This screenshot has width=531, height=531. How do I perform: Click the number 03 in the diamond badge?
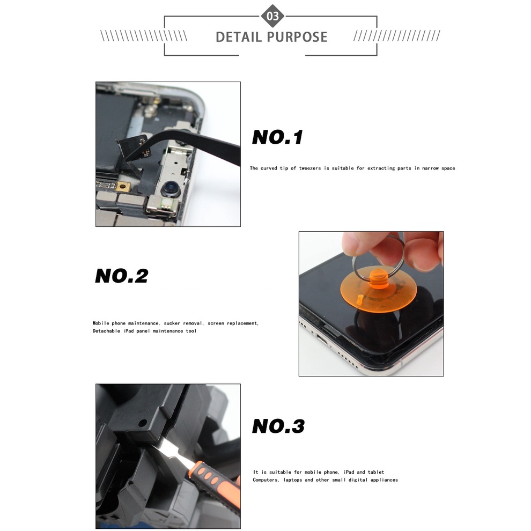272,16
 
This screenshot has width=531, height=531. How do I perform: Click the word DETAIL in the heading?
238,37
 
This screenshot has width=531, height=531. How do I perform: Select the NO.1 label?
277,137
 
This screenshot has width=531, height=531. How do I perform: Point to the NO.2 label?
122,276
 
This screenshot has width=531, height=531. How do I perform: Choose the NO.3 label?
278,426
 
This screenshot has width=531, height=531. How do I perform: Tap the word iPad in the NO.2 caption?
128,331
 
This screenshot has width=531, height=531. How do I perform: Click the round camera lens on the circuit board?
171,189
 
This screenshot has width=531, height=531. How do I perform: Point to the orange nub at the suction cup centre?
379,278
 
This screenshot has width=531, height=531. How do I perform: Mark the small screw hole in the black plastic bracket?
143,423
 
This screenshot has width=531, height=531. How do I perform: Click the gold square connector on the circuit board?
123,186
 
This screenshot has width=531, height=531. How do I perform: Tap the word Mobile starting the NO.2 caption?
101,323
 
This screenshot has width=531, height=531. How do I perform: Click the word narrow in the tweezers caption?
430,168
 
